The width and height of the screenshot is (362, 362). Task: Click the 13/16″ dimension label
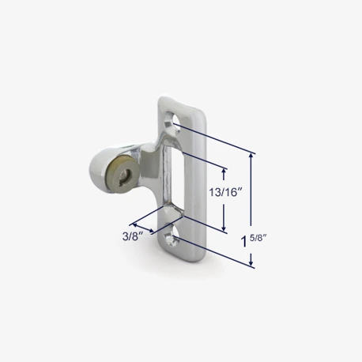point(225,192)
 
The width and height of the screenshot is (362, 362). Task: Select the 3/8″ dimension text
point(133,236)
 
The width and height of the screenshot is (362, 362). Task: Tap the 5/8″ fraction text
point(258,238)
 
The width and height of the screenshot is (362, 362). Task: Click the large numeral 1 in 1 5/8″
point(244,241)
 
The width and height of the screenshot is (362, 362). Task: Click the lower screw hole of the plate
point(171,235)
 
